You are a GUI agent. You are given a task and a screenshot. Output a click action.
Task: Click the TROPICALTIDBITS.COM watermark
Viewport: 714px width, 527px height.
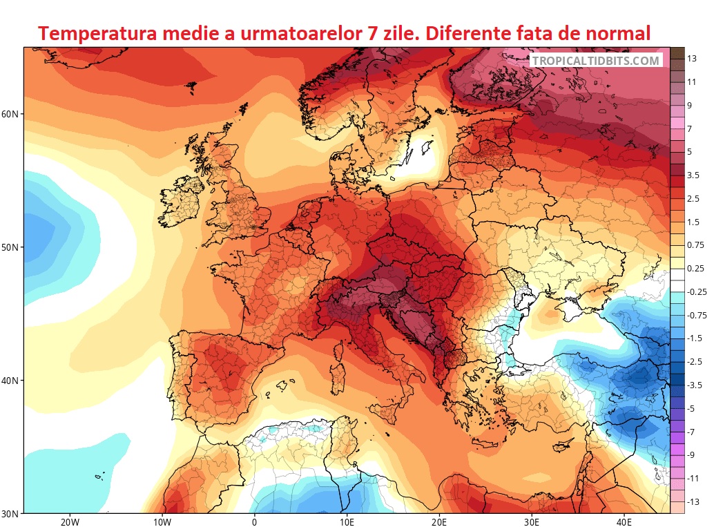(x=596, y=61)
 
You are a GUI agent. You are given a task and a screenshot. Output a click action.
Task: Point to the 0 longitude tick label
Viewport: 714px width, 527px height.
(x=254, y=522)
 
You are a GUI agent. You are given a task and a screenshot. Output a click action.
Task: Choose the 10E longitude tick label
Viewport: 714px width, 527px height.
(x=347, y=522)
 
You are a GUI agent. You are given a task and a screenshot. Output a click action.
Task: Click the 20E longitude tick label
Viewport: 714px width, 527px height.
(x=439, y=522)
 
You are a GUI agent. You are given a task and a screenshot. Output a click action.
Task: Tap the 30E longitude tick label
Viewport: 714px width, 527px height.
(x=532, y=522)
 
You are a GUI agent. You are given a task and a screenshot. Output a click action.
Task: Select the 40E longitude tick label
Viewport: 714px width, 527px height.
(x=624, y=522)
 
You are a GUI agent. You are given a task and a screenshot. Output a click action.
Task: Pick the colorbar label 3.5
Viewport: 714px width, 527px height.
(x=694, y=175)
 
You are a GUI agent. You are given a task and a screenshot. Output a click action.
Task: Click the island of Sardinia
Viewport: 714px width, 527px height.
(x=338, y=374)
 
